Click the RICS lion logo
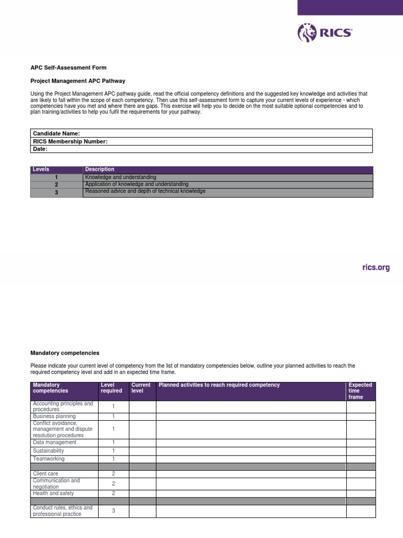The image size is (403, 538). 305,33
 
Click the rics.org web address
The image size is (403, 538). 376,267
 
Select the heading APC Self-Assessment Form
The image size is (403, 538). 68,68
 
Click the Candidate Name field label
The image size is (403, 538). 56,134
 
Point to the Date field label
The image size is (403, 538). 40,149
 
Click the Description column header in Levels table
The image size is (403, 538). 100,169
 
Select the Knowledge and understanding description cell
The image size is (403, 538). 121,178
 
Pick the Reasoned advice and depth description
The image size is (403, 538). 145,191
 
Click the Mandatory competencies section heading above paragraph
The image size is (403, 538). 65,353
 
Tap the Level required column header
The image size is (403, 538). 111,388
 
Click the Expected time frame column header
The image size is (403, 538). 360,391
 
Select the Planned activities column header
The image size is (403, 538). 219,385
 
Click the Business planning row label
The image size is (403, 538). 55,416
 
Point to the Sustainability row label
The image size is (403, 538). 48,451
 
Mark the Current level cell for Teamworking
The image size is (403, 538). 143,459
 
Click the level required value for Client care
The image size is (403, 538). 113,473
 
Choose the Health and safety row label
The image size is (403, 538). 53,493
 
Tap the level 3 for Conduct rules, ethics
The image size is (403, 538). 113,511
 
